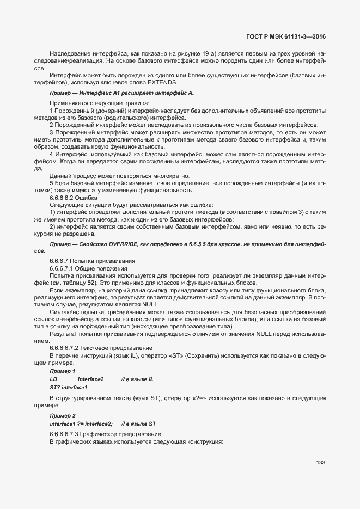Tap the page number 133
click(321, 462)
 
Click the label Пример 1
click(63, 371)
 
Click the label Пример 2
click(63, 416)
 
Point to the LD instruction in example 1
click(53, 378)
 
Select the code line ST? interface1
click(69, 387)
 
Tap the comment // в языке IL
click(138, 378)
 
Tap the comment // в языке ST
click(139, 424)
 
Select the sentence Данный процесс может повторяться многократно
click(119, 176)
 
